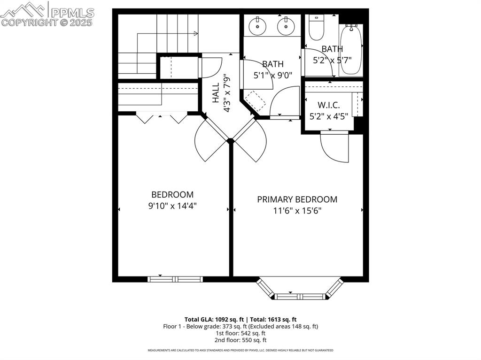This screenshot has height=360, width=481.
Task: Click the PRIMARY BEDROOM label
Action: click(297, 199)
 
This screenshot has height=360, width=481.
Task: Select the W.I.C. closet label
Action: click(328, 105)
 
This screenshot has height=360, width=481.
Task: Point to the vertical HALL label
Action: click(216, 93)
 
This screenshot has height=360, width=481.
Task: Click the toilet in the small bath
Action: click(316, 28)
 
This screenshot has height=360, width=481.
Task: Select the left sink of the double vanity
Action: click(257, 26)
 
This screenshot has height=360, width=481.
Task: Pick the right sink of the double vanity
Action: click(285, 26)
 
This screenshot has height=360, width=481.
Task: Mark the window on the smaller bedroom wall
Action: click(175, 279)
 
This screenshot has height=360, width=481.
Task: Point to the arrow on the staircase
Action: click(195, 33)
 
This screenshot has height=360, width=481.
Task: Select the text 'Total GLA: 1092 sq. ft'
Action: click(214, 319)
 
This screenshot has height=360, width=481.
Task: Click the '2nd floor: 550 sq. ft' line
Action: click(240, 340)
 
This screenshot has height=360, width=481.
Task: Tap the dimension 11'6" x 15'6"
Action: click(297, 211)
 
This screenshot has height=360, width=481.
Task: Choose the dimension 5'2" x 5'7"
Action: click(332, 60)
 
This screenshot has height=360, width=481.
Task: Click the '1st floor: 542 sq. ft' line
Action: click(240, 333)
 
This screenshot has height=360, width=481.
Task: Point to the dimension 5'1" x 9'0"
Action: click(272, 75)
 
